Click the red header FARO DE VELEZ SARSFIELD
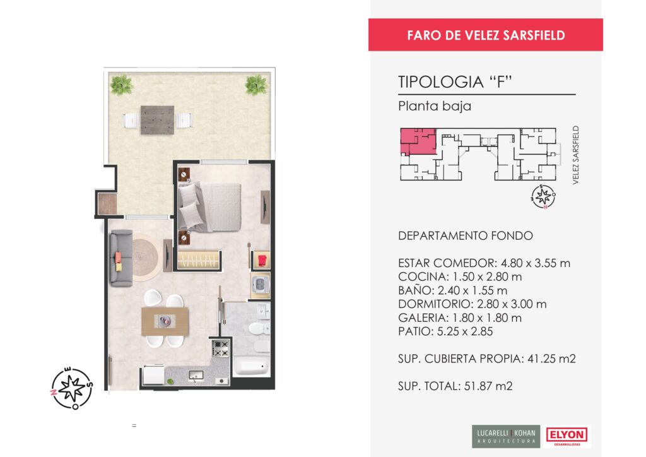coord(485,35)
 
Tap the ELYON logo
coord(567,436)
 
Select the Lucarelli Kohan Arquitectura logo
coord(506,436)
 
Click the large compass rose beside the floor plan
coord(72,388)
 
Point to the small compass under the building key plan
coord(543,196)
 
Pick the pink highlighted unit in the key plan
coord(418,141)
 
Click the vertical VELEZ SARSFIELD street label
coord(575,155)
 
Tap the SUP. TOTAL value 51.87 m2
coord(488,386)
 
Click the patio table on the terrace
coord(157,120)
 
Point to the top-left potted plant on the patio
coord(121,85)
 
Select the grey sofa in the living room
coord(121,258)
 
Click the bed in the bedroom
coord(209,206)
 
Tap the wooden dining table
coord(165,321)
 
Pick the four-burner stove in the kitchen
coord(220,348)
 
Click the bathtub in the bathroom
coord(252,366)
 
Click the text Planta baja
coord(435,106)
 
